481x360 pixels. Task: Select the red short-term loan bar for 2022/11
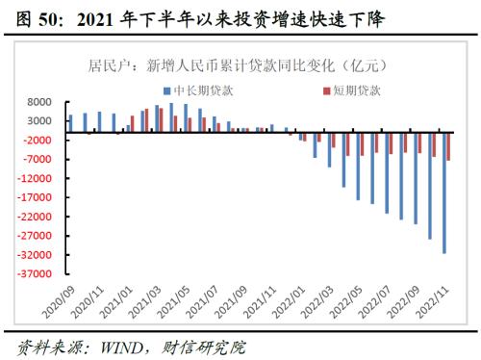(x=449, y=145)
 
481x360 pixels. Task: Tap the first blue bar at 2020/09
(x=70, y=122)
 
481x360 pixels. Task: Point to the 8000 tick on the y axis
(x=38, y=102)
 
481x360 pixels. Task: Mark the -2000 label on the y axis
(x=37, y=141)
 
